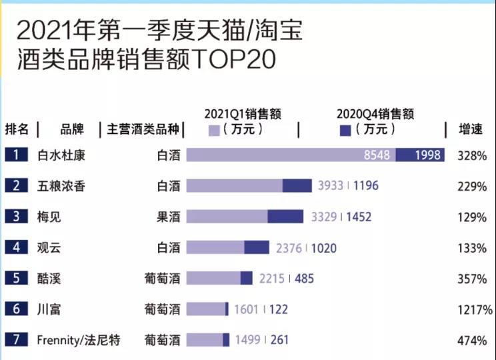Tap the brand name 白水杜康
[61, 155]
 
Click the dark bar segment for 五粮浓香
[297, 186]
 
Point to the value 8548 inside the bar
[377, 155]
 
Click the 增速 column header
[471, 129]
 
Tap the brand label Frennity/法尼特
[79, 340]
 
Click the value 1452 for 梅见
[359, 217]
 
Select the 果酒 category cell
[168, 217]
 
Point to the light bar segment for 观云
[215, 247]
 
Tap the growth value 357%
[473, 279]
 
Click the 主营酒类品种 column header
[142, 129]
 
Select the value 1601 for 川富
[247, 309]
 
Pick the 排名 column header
[17, 129]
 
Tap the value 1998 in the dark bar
[428, 155]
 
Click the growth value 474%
[473, 341]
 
